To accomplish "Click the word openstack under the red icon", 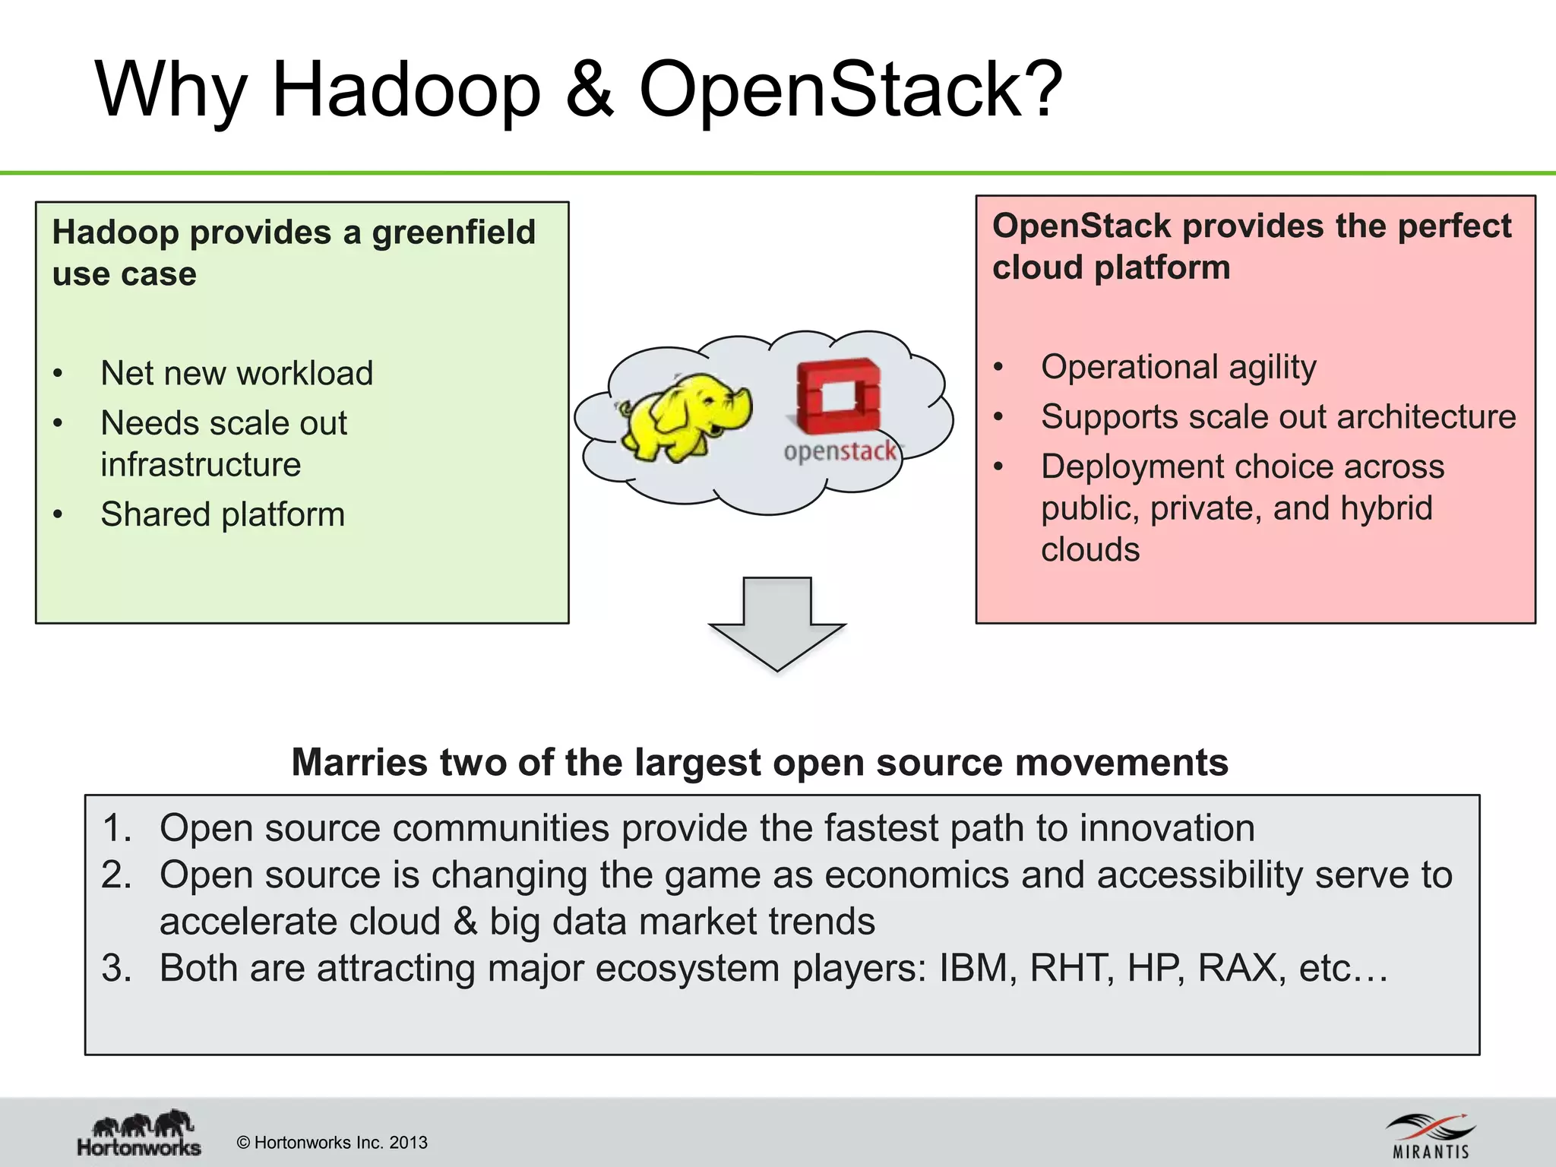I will point(840,451).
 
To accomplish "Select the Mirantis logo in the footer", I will point(1431,1136).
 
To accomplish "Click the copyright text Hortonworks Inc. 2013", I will point(332,1143).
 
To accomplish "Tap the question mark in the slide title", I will point(1038,90).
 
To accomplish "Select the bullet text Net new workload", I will point(236,373).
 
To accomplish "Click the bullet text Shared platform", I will point(223,514).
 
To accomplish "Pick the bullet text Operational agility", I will point(1178,367).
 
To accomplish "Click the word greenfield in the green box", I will point(454,232).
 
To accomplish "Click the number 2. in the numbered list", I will point(116,875).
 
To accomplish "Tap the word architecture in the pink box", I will point(1426,417).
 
